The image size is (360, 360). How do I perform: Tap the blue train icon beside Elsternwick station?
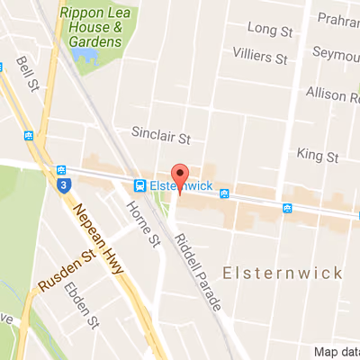(140, 185)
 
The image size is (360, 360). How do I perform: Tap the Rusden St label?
(66, 273)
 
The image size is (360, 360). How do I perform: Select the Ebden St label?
(86, 308)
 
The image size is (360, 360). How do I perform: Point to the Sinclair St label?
(162, 139)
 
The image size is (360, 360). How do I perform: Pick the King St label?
(317, 157)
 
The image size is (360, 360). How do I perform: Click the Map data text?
(337, 352)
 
